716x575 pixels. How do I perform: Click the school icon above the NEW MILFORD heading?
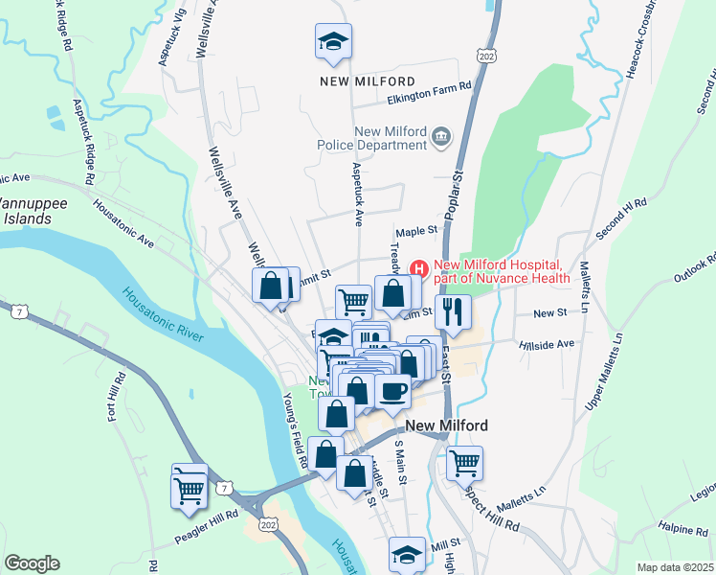coord(333,42)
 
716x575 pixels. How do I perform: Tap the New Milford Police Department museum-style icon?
coord(440,138)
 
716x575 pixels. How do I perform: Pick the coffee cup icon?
coord(393,391)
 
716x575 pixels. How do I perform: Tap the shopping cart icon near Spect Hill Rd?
coord(464,463)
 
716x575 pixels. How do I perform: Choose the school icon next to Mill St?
coord(407,555)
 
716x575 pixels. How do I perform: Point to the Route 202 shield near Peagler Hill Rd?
coord(267,526)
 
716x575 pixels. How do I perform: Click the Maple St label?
coord(416,231)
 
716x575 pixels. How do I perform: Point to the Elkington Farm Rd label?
coord(430,86)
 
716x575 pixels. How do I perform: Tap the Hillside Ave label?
coord(546,343)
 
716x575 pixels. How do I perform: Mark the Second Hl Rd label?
coord(623,218)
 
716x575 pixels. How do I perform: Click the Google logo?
coord(32,563)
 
